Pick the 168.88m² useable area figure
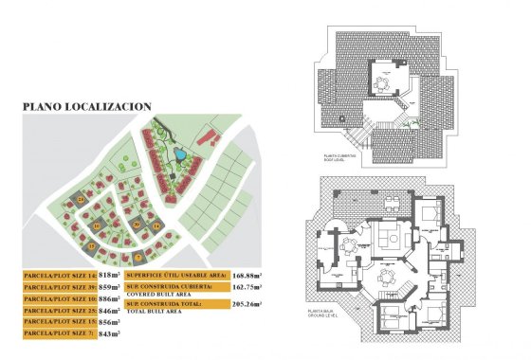(x=246, y=275)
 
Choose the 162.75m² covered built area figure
(x=246, y=287)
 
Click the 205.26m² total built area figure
(x=246, y=305)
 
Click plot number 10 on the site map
(x=98, y=225)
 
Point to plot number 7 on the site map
(x=137, y=257)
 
